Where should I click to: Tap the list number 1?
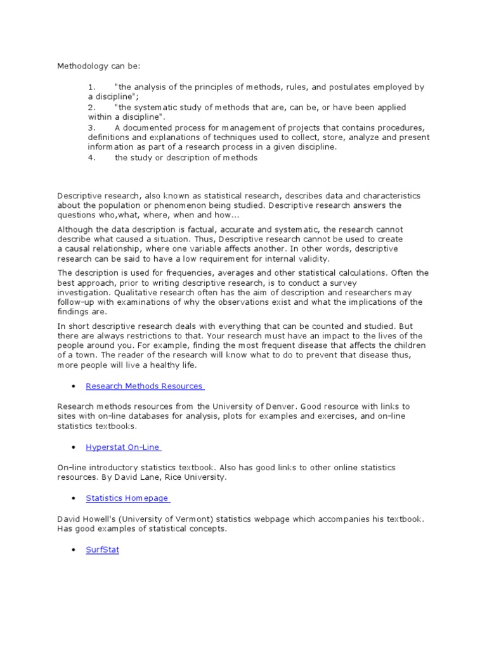91,87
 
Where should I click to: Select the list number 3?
91,127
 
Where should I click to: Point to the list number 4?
91,158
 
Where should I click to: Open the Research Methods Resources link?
144,386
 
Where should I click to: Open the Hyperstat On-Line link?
122,447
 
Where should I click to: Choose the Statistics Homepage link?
127,498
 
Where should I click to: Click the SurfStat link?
102,550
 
